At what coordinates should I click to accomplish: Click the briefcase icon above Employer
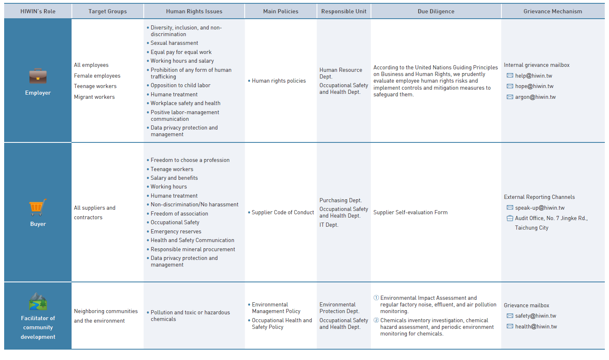click(38, 76)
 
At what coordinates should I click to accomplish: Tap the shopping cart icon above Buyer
click(37, 207)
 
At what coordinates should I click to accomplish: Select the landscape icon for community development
click(38, 302)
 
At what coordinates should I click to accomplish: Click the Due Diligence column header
click(436, 11)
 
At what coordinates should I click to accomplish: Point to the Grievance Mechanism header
click(553, 11)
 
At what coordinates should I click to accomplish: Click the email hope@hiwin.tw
click(534, 86)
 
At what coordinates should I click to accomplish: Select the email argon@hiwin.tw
click(535, 97)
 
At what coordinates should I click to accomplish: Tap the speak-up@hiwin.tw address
click(540, 208)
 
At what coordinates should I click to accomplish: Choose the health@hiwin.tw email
click(536, 327)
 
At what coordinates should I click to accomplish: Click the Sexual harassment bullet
click(174, 43)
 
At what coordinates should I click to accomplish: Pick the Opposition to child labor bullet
click(180, 86)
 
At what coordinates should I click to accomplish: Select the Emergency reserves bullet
click(176, 232)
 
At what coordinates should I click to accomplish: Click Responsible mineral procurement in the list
click(193, 250)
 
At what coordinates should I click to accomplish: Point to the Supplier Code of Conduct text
click(282, 213)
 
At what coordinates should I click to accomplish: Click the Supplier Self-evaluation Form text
click(410, 213)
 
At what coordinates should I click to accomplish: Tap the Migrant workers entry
click(94, 97)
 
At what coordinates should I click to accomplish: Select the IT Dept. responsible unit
click(329, 225)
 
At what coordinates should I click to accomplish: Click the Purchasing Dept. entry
click(340, 201)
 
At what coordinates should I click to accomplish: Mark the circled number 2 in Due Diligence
click(376, 320)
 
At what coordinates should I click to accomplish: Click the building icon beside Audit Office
click(510, 218)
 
